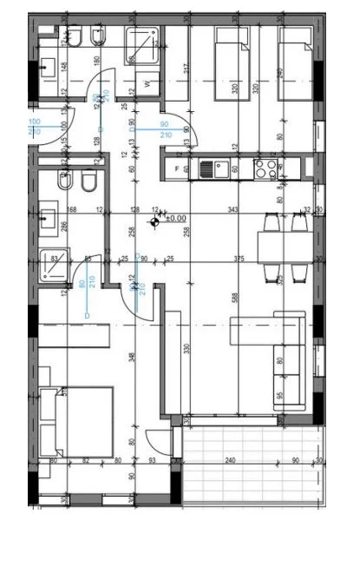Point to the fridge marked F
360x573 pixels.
coord(178,167)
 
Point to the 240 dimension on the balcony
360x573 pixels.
coord(231,461)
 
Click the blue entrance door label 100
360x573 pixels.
coord(35,122)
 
